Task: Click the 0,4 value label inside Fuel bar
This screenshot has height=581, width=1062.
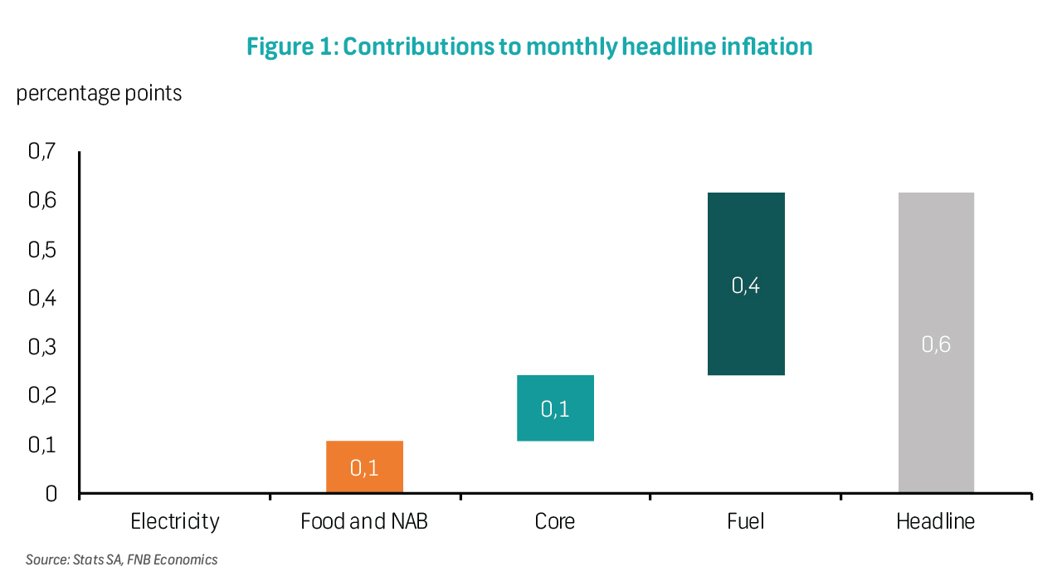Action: [x=746, y=286]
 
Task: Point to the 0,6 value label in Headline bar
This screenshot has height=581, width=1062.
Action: [x=936, y=344]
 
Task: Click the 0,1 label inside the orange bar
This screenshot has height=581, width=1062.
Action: [x=364, y=468]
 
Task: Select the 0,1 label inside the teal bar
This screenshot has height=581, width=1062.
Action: [x=555, y=409]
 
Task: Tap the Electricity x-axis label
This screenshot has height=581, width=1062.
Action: [x=175, y=521]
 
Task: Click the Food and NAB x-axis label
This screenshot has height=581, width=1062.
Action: [x=364, y=521]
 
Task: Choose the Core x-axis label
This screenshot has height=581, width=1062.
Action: [x=555, y=521]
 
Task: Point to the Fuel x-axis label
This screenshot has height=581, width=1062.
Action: [x=745, y=521]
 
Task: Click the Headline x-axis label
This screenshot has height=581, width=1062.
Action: [x=936, y=521]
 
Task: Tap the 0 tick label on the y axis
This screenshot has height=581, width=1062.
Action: [x=51, y=494]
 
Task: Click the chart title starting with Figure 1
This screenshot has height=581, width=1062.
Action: [x=529, y=47]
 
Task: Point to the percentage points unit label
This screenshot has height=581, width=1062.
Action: [x=99, y=93]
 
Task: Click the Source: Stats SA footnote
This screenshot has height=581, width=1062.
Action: [x=121, y=559]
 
